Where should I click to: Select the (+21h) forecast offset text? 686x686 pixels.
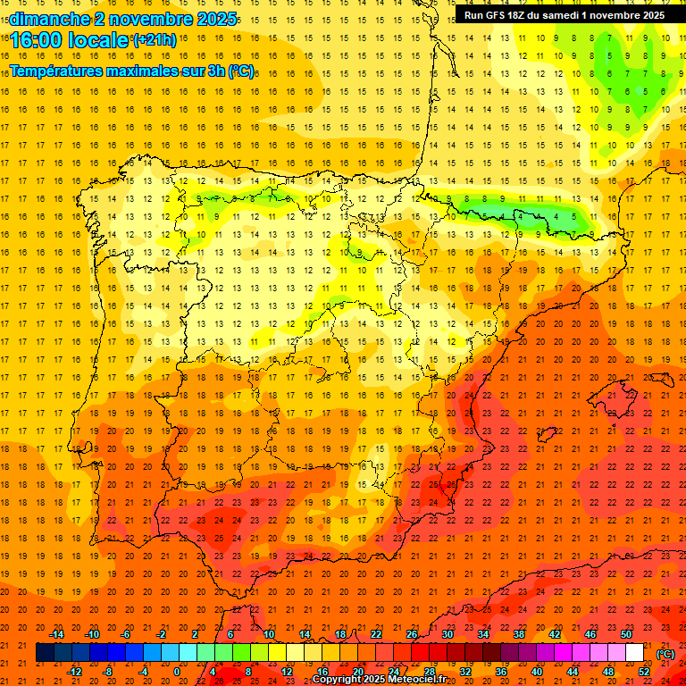click(x=154, y=39)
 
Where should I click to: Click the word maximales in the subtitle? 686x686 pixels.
click(x=150, y=71)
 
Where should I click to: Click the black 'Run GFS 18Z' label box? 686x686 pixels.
click(x=564, y=15)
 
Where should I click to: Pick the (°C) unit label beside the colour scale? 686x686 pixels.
click(x=666, y=654)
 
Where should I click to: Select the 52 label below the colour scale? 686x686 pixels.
click(x=644, y=672)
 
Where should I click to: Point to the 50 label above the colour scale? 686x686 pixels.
click(x=626, y=634)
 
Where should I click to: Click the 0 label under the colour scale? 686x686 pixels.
click(x=177, y=672)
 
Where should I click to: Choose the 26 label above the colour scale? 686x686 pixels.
click(x=412, y=634)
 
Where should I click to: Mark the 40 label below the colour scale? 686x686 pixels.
click(x=537, y=672)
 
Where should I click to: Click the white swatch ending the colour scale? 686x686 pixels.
click(x=635, y=653)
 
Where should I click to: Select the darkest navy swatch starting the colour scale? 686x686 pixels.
click(x=45, y=653)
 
